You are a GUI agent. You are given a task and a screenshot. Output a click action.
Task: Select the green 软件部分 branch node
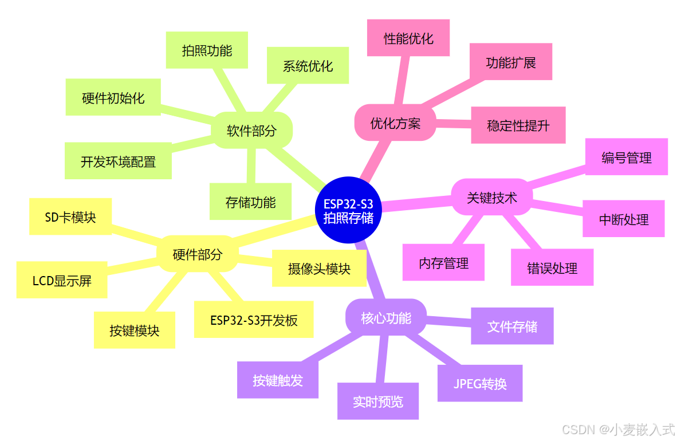tap(251, 131)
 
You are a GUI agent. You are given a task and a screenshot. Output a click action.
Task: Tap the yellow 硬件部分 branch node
tap(197, 254)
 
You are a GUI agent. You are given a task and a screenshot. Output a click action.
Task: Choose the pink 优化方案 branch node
tap(395, 123)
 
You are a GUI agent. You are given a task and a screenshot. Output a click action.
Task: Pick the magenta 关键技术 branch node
tap(492, 198)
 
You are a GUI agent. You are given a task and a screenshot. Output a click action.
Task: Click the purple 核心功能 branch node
tap(386, 318)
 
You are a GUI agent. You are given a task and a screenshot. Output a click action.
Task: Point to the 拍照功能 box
tap(207, 50)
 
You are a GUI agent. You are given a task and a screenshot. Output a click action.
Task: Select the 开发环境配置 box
tap(118, 162)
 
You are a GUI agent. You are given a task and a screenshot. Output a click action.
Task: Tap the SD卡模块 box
tap(70, 216)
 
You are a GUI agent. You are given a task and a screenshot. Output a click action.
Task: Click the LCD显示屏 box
tap(62, 281)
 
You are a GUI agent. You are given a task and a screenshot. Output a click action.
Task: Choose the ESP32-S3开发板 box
tap(254, 320)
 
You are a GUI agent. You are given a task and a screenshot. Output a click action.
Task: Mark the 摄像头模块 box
tap(319, 268)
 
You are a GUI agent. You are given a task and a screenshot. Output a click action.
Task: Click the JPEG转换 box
tap(480, 383)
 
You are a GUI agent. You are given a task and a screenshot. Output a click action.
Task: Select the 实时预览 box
tap(378, 401)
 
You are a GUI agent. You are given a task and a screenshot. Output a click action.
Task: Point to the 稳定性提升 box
tap(518, 125)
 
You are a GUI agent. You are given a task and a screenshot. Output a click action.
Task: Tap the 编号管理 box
tap(627, 157)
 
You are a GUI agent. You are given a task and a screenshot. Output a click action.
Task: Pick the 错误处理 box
tap(552, 267)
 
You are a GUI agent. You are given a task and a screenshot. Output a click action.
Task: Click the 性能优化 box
tap(408, 38)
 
